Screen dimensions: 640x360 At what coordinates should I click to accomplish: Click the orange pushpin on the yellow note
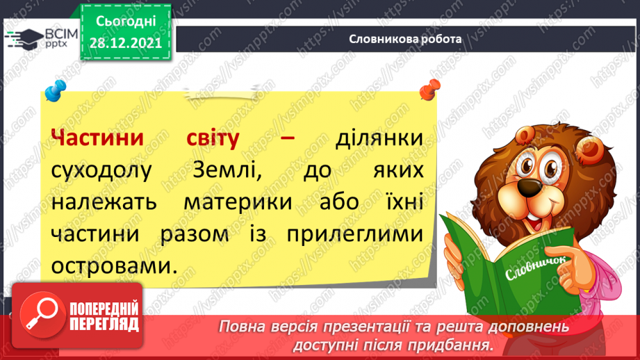coord(430,90)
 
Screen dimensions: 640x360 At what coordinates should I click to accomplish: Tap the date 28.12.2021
coord(126,43)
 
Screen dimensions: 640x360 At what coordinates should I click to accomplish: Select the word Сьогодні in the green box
coord(126,22)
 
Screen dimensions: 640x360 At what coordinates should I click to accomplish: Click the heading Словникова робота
coord(405,39)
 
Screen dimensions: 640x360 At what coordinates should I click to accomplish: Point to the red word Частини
coord(97,138)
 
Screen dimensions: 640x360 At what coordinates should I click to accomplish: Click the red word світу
coord(213,139)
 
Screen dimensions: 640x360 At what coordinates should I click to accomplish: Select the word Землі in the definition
coord(227,170)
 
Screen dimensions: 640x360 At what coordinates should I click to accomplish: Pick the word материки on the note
coord(238,202)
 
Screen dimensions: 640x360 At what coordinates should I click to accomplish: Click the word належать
coord(104,202)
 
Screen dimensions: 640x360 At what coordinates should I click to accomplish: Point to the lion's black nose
coord(530,187)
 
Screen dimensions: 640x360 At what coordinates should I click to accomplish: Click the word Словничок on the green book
coord(536,268)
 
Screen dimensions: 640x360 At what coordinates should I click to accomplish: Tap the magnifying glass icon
coord(42,315)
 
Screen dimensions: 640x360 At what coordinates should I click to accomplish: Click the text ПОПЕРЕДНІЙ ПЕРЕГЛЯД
coord(104,316)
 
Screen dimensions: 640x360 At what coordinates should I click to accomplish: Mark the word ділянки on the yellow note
coord(379,139)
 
